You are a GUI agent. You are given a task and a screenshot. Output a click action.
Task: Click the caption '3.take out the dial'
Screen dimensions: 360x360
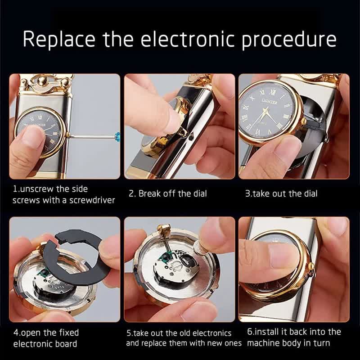point(281,193)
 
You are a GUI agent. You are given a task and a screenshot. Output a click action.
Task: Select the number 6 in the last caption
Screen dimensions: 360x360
point(250,332)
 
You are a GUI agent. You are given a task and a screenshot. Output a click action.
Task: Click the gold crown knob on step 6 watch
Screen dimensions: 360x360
point(310,268)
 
